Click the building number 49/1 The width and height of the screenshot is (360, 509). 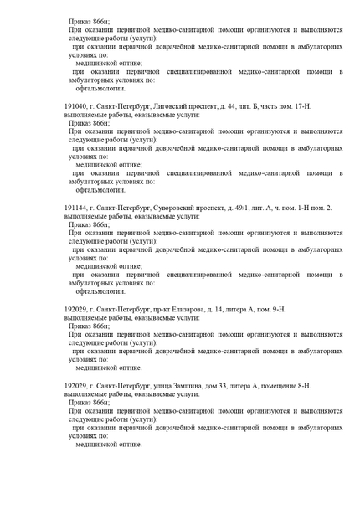[x=248, y=206]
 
